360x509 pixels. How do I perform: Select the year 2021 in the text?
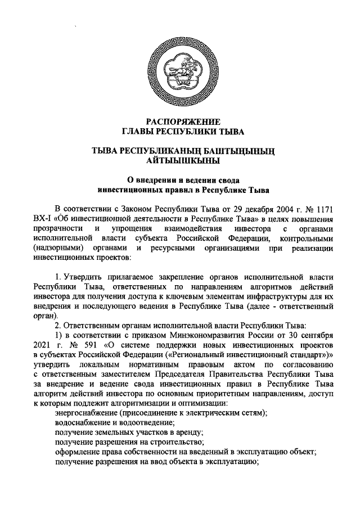(x=43, y=343)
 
